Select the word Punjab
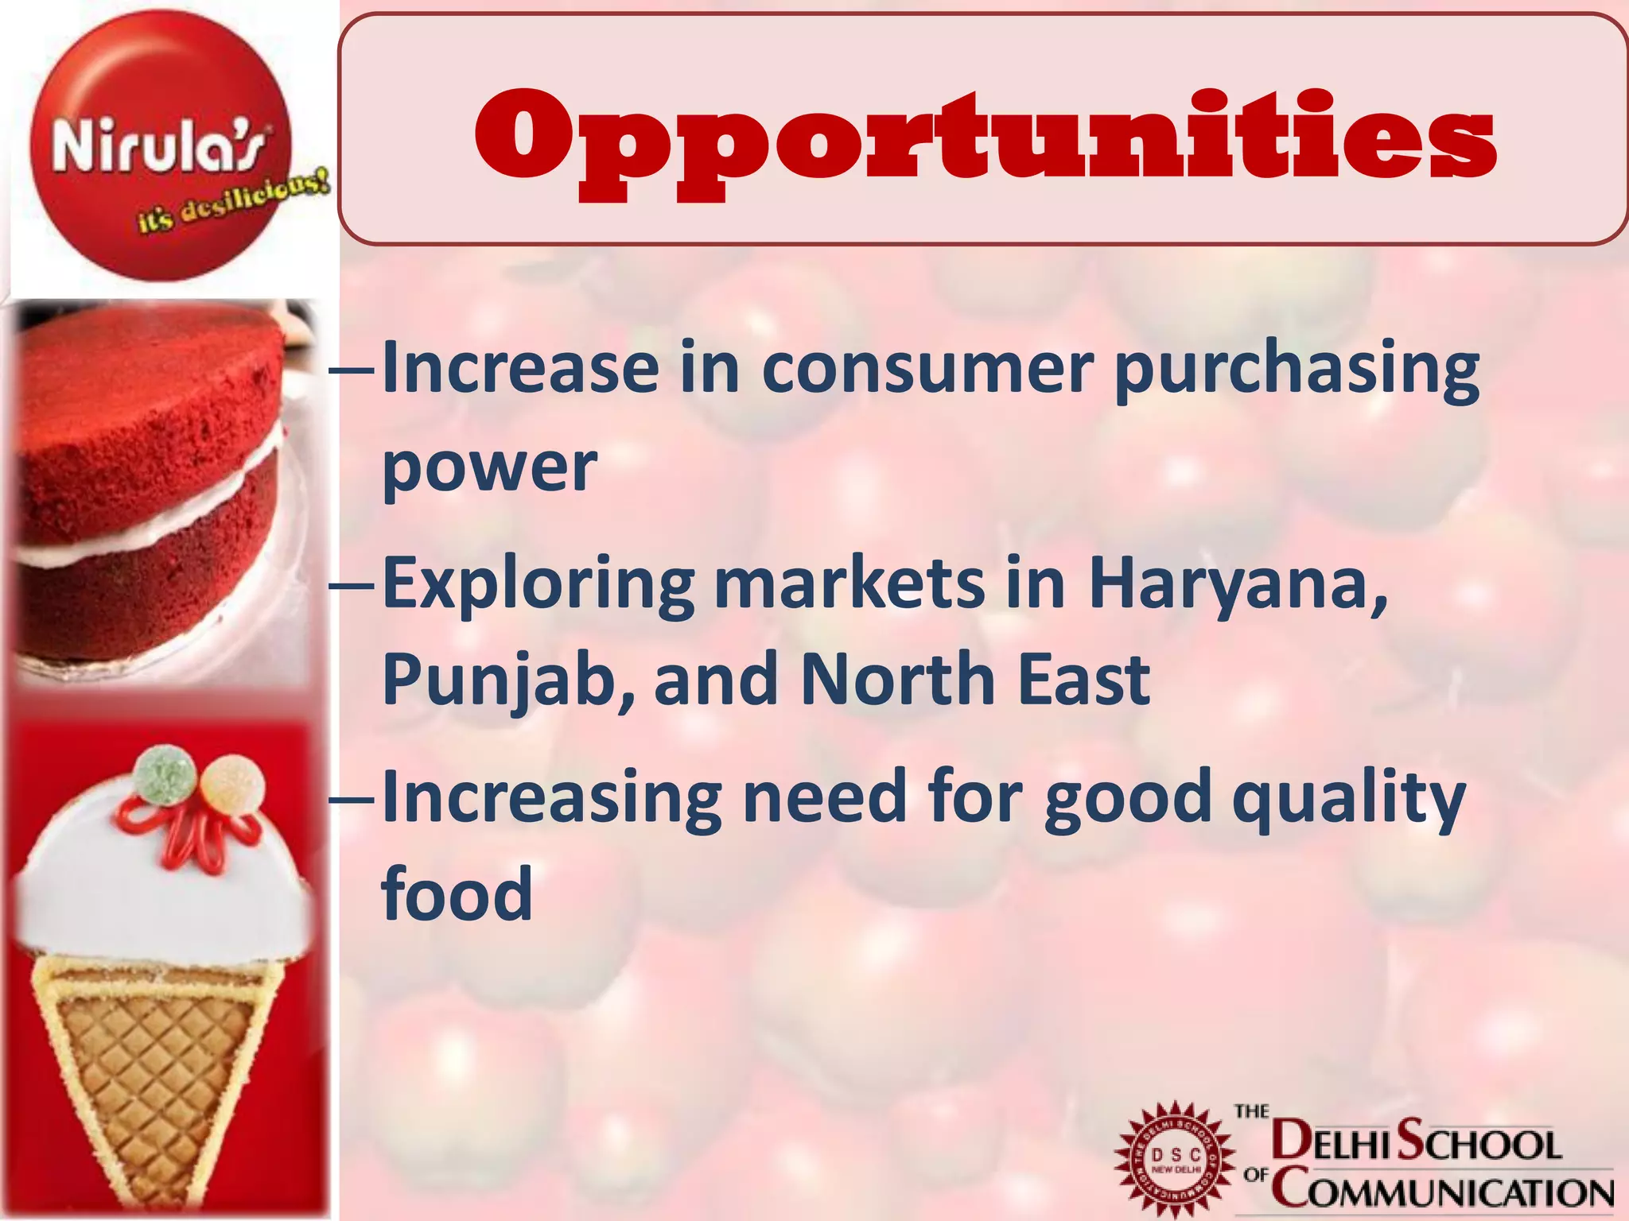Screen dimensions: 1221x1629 tap(509, 680)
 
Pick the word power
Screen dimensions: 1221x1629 tap(488, 469)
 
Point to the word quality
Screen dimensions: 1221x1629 tap(1347, 798)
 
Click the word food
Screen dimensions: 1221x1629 tap(457, 893)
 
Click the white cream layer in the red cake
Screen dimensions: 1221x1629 tap(143, 509)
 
